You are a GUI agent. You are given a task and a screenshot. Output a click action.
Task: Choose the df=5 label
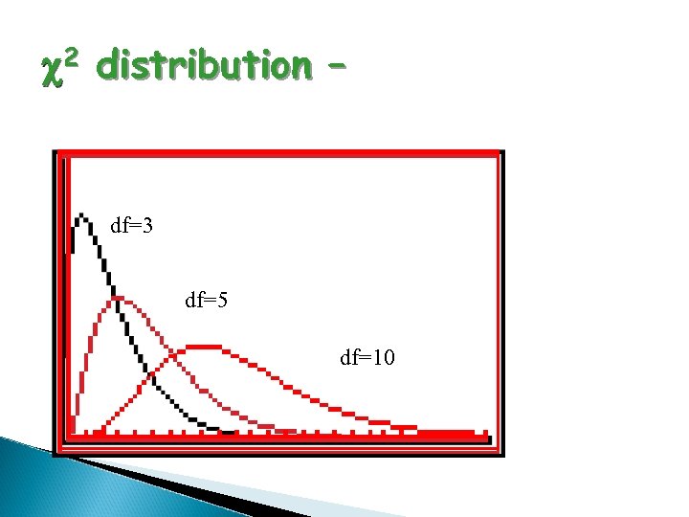coord(206,301)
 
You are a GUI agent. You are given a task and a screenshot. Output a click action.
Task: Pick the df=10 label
coord(367,358)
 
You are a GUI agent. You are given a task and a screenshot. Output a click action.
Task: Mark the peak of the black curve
coord(83,215)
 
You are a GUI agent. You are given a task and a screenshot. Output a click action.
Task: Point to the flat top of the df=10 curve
coord(204,346)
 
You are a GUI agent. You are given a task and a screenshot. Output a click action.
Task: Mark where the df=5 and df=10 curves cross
coord(173,356)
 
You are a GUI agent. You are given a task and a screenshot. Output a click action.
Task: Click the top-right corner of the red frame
coord(500,153)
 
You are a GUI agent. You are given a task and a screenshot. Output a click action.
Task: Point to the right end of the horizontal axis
coord(486,434)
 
